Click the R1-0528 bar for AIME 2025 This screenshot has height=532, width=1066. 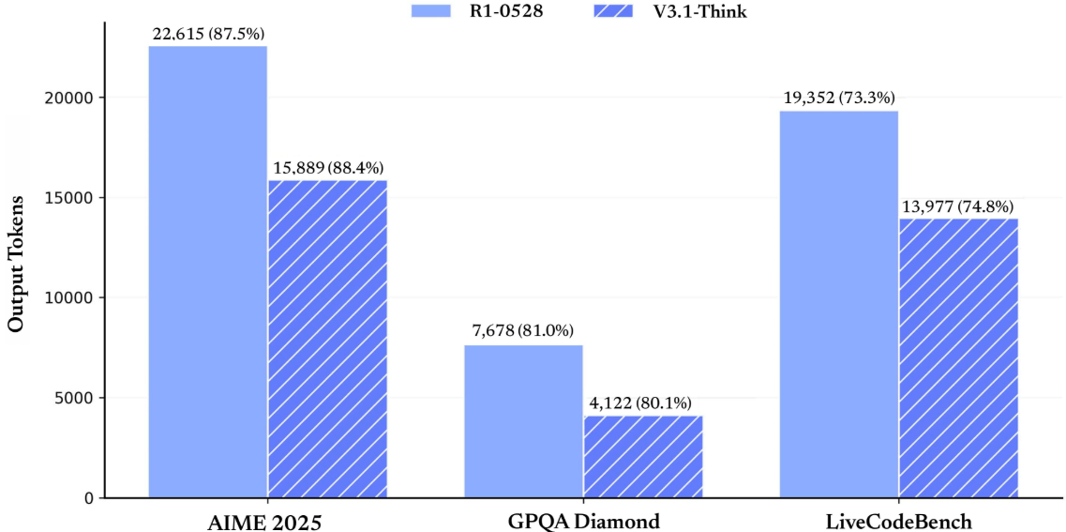point(207,272)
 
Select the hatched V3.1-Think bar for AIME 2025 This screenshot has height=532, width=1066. point(327,339)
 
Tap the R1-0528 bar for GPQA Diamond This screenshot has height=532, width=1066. point(523,421)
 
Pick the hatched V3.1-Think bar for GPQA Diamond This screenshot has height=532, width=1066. point(643,457)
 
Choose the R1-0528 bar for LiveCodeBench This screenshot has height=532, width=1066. point(839,304)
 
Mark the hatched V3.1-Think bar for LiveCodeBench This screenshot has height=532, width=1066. point(958,358)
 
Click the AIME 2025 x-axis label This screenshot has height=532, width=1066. point(264,522)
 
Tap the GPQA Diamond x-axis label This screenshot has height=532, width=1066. point(582,522)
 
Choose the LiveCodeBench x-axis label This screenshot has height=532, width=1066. point(898,522)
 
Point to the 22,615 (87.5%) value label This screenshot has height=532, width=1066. point(208,34)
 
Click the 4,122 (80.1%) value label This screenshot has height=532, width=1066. point(643,403)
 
